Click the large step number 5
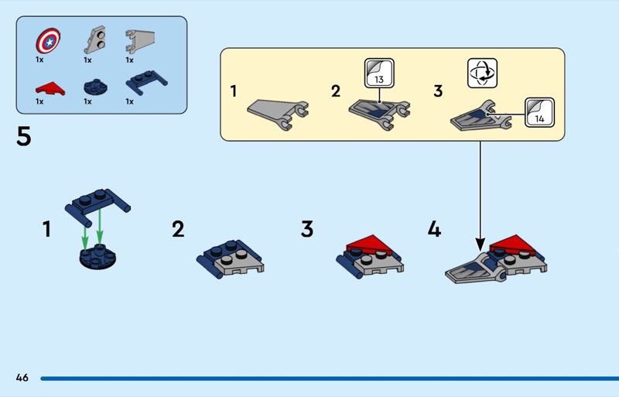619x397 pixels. tap(24, 139)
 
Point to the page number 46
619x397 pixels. tap(22, 378)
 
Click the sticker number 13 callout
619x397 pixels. tap(378, 75)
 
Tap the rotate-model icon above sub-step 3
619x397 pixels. tap(481, 73)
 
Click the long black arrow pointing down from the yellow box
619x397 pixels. tap(480, 193)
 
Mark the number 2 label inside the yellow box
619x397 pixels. tap(335, 91)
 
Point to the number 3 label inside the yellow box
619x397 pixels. tap(438, 91)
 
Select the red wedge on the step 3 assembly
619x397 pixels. tap(370, 245)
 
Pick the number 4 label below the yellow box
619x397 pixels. tap(434, 229)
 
